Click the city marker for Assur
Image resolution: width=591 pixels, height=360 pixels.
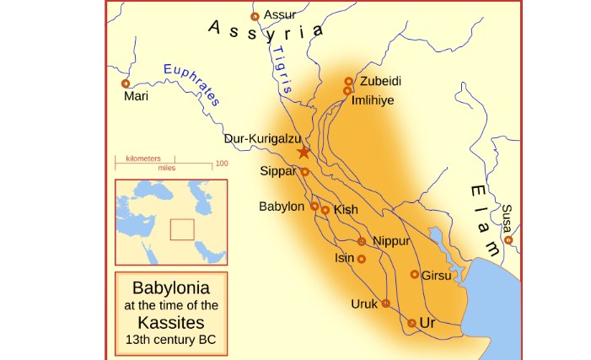point(255,17)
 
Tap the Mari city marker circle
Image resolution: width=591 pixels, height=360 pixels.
point(126,83)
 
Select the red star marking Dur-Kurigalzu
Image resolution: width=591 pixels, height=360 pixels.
point(304,153)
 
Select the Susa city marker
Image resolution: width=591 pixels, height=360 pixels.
point(508,240)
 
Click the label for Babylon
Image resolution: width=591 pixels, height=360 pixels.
point(282,206)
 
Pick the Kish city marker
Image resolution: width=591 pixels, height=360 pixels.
point(325,210)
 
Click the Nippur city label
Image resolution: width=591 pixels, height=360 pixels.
point(390,241)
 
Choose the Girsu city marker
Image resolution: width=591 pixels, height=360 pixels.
point(415,274)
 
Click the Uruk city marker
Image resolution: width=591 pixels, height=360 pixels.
point(385,304)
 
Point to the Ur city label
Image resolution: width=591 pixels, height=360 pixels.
point(427,323)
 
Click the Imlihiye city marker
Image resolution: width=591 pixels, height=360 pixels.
point(346,92)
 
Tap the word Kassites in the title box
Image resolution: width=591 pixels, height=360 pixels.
point(171,323)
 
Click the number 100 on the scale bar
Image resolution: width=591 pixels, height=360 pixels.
point(221,163)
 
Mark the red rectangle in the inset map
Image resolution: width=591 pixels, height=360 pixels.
point(181,229)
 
